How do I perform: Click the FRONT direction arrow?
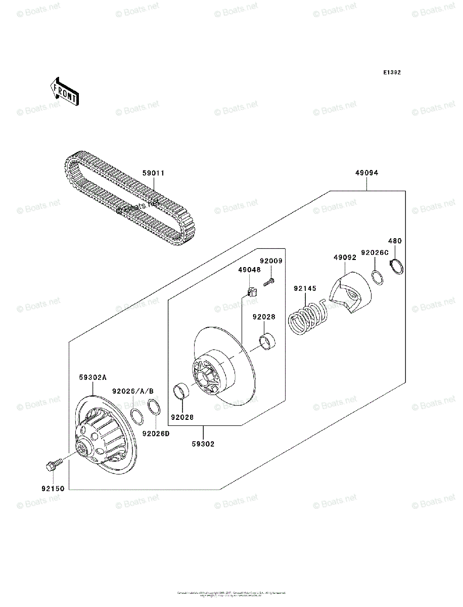tap(64, 91)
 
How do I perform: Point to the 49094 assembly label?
tap(366, 173)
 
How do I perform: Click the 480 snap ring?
tap(397, 266)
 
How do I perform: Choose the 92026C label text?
tap(375, 252)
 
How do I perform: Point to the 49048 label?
tap(250, 270)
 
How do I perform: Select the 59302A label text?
tap(93, 377)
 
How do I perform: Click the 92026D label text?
tap(156, 433)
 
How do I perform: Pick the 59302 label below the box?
tap(203, 444)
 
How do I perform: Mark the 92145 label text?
tap(305, 289)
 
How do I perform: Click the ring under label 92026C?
tap(377, 277)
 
